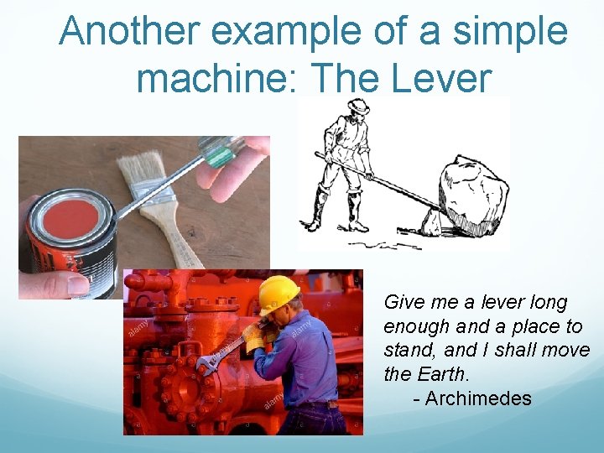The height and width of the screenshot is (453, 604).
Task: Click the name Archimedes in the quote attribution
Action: coord(478,398)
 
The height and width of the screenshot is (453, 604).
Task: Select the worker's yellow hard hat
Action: coord(278,293)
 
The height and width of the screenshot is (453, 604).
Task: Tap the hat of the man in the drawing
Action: coord(359,107)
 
